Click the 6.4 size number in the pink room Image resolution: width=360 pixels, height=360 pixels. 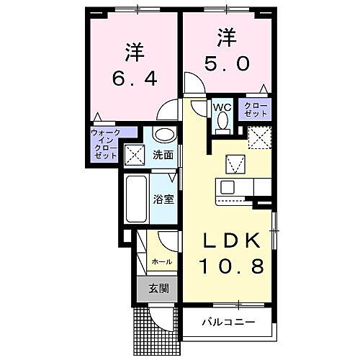(133, 76)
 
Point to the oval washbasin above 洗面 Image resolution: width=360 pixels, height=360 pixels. (165, 135)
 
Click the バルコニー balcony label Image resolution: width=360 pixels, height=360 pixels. (228, 321)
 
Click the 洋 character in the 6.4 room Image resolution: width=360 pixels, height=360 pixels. (133, 51)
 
